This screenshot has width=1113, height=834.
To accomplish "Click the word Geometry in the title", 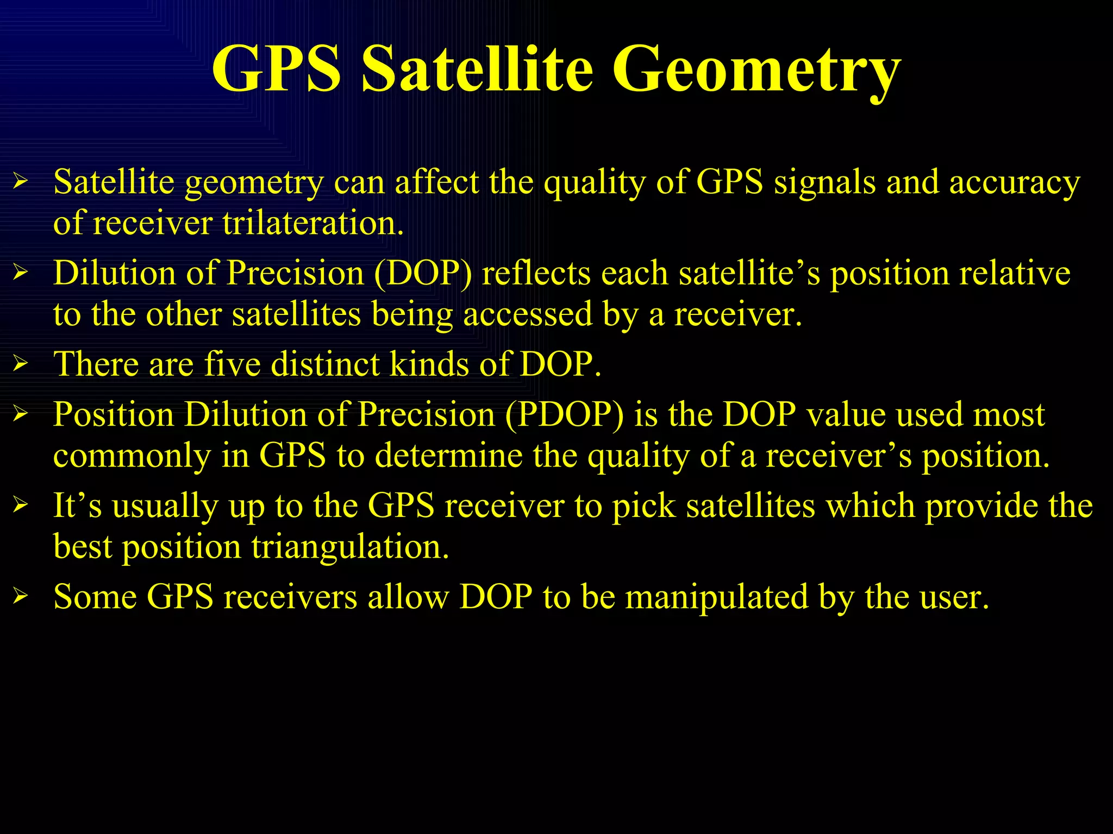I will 756,71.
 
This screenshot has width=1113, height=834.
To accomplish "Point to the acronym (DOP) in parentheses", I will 423,273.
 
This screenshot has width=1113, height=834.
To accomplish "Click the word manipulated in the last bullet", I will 716,597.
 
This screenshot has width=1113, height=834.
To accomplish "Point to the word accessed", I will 527,315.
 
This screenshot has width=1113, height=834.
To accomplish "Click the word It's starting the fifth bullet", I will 77,506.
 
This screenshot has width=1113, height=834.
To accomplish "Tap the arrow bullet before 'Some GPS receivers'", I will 21,597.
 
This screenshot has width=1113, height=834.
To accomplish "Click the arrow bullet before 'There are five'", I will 21,363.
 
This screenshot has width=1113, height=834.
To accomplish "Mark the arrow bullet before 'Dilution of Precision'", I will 21,272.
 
